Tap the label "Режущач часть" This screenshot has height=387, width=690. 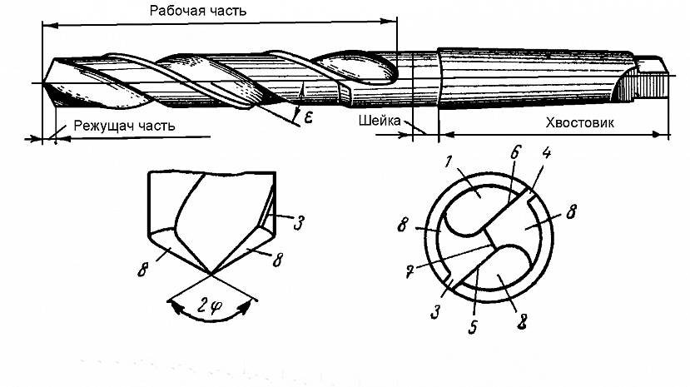tap(124, 127)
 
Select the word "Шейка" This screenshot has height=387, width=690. tap(380, 122)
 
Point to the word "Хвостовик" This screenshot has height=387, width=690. tap(578, 122)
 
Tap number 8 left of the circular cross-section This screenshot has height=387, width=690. tap(401, 225)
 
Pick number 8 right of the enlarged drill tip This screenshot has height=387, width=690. tap(276, 260)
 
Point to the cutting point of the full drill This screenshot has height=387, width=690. tap(40, 83)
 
